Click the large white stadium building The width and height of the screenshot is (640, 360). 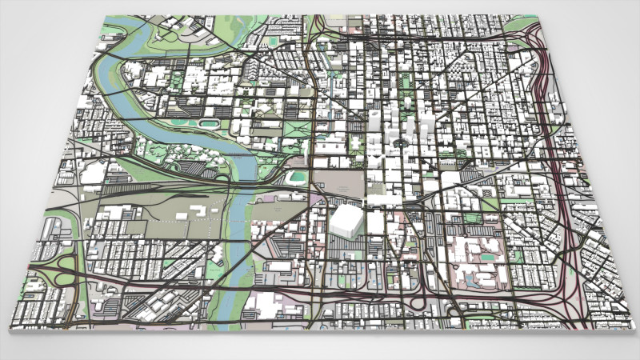click(346, 220)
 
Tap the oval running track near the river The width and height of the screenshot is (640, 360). click(209, 124)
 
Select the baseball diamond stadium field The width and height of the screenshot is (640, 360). click(298, 176)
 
